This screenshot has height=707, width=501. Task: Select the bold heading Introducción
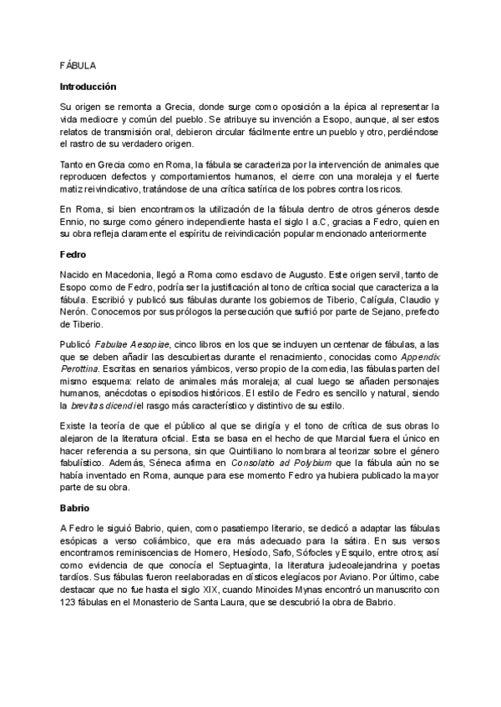tap(89, 86)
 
